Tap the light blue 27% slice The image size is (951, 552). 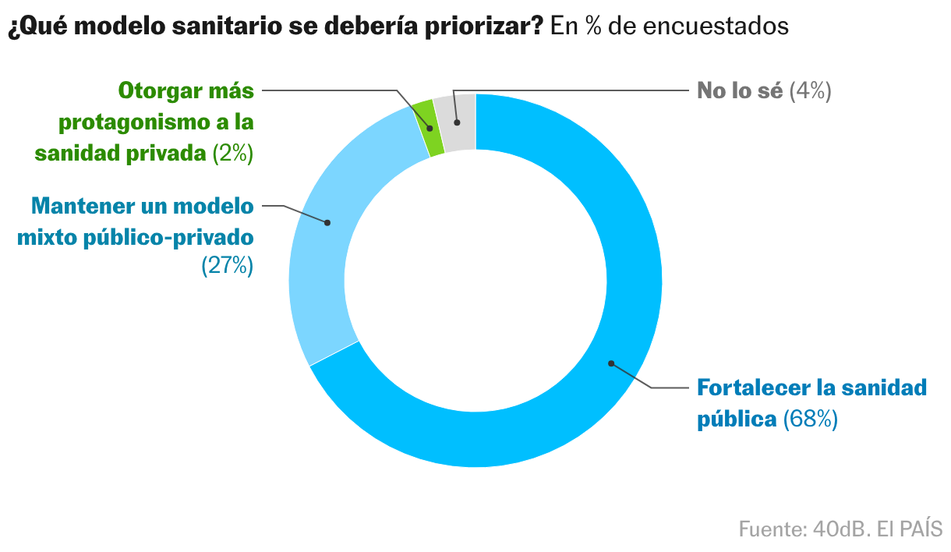pyautogui.click(x=327, y=249)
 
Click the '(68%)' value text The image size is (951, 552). pyautogui.click(x=810, y=419)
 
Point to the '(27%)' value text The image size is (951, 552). pyautogui.click(x=228, y=265)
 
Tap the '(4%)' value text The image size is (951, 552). pyautogui.click(x=811, y=90)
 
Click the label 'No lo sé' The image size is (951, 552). pyautogui.click(x=739, y=90)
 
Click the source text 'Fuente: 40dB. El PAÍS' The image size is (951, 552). pyautogui.click(x=840, y=528)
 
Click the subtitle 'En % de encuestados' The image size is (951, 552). pyautogui.click(x=670, y=26)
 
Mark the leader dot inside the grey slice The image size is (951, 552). pyautogui.click(x=458, y=122)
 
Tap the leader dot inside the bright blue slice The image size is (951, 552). pyautogui.click(x=611, y=363)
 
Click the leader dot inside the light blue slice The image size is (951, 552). pyautogui.click(x=327, y=222)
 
